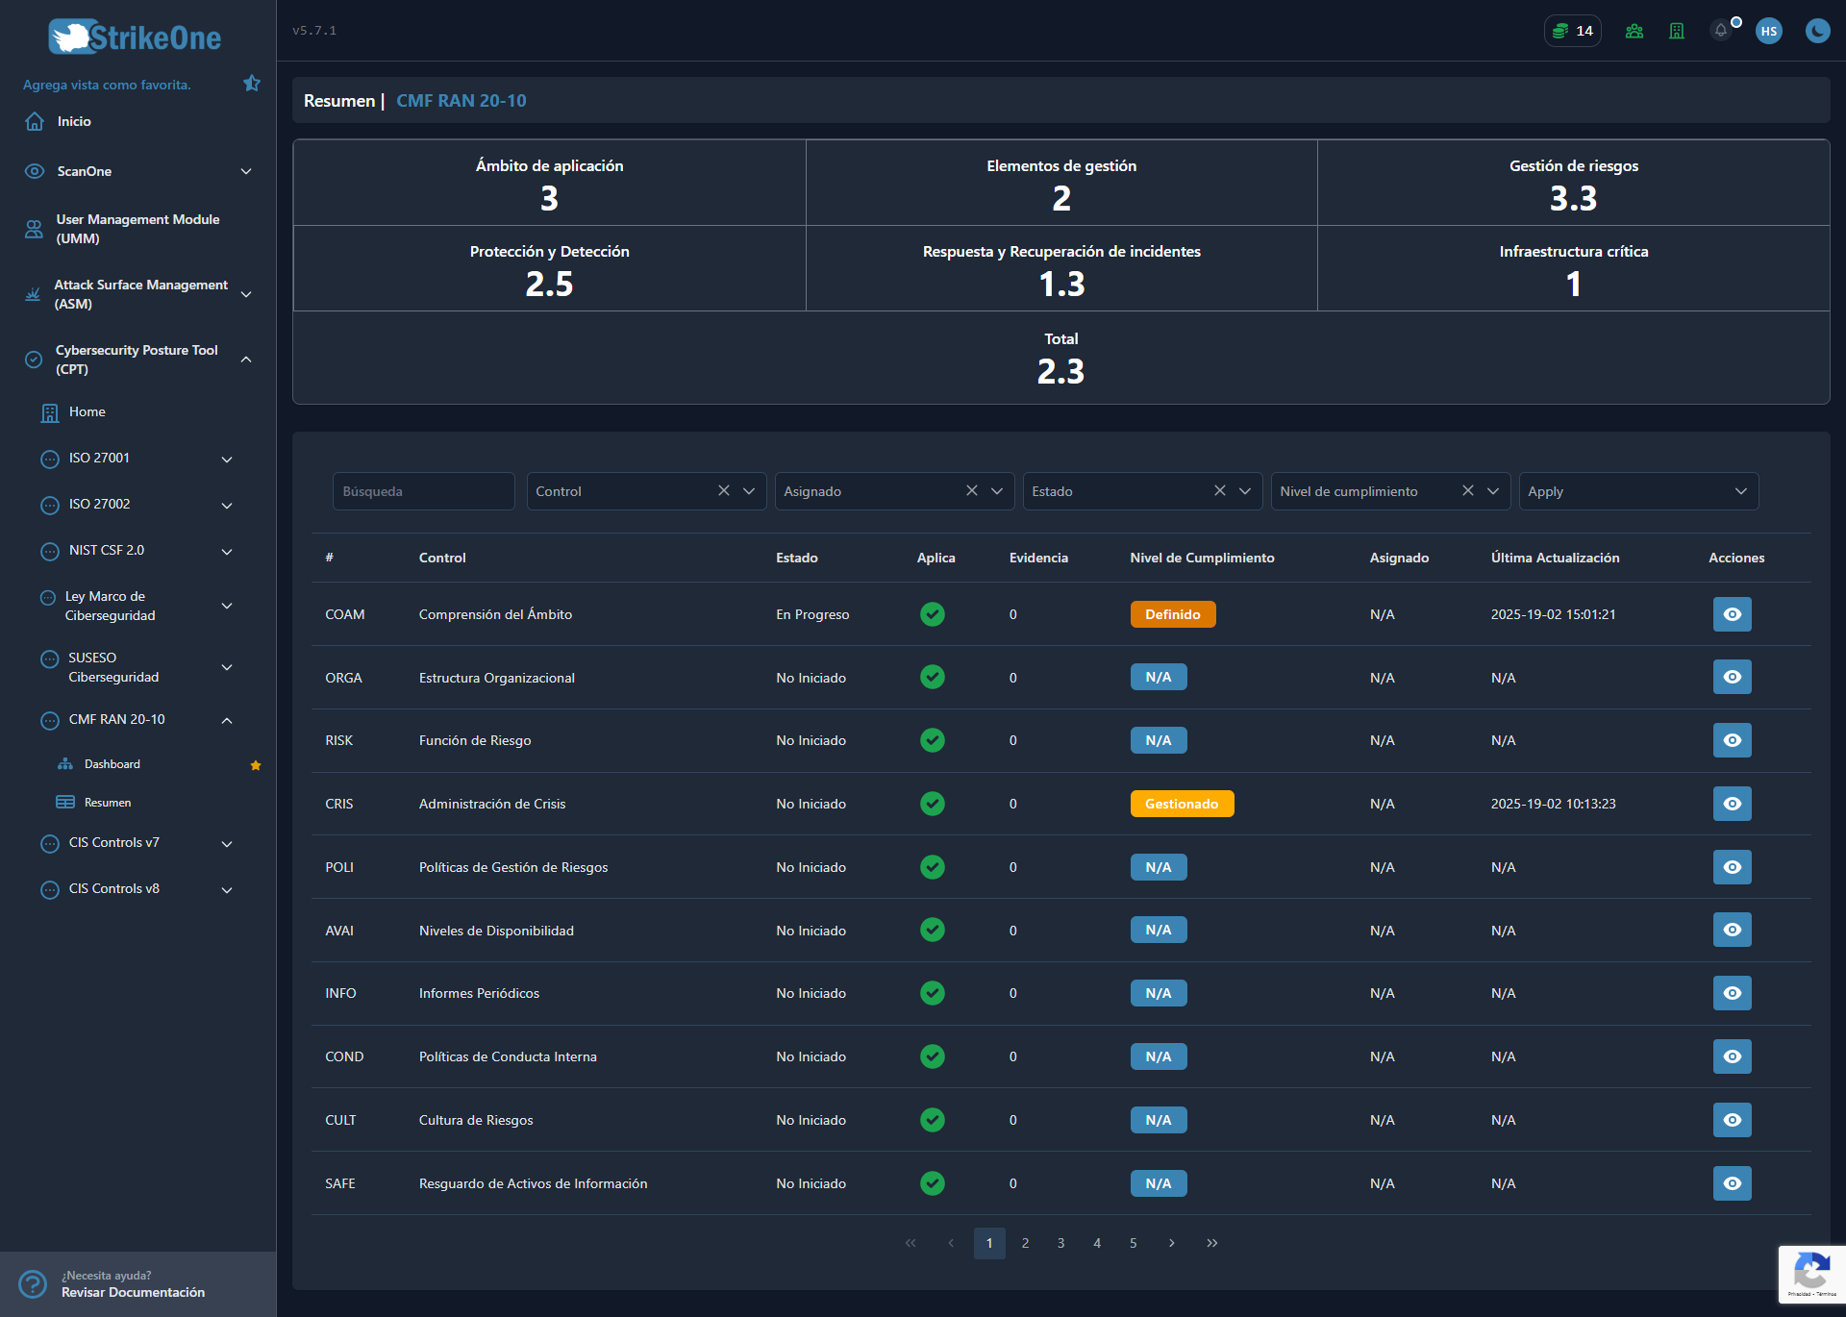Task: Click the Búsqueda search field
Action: (x=423, y=491)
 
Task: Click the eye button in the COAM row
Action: (x=1732, y=614)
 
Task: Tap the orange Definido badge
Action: (x=1173, y=614)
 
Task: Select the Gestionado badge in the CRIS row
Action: (x=1182, y=804)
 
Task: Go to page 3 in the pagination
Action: (x=1060, y=1243)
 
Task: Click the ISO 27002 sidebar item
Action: (x=99, y=504)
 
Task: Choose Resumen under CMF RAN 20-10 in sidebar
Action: (x=107, y=803)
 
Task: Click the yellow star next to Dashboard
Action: (x=256, y=765)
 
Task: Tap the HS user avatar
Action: (x=1768, y=31)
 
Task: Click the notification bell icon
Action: (x=1721, y=31)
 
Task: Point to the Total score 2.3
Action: (x=1060, y=371)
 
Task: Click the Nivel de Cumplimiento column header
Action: (x=1202, y=558)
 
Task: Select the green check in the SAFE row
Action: (x=932, y=1183)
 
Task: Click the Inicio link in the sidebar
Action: (x=74, y=121)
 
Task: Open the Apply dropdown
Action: (x=1638, y=491)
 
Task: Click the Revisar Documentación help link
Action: (x=133, y=1292)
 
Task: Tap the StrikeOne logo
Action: (x=135, y=37)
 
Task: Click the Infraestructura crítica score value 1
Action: (x=1573, y=284)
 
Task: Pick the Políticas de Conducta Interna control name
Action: (x=508, y=1056)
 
